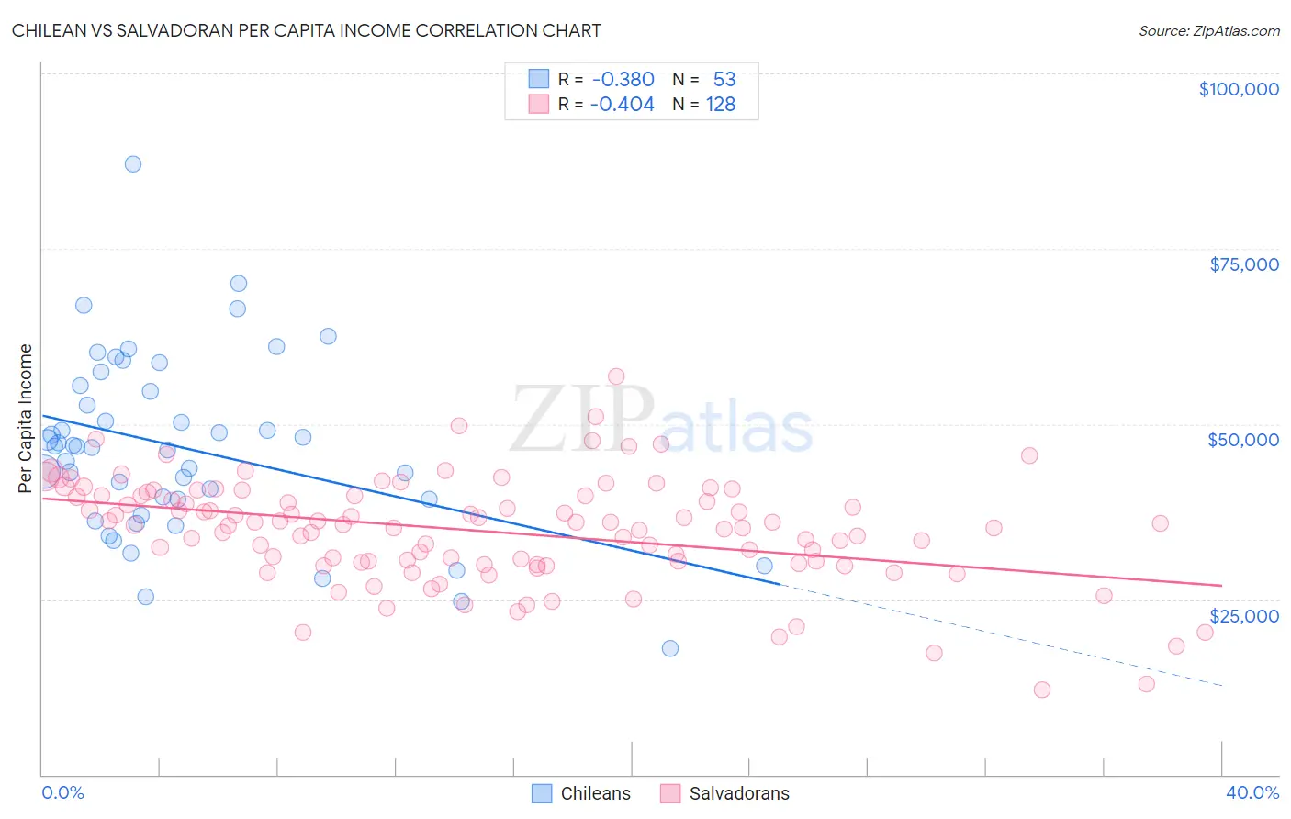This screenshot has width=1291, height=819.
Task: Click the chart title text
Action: pyautogui.click(x=306, y=30)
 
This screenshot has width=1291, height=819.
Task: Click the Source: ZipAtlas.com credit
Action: pyautogui.click(x=1208, y=30)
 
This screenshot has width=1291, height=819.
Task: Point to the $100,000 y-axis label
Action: pyautogui.click(x=1238, y=89)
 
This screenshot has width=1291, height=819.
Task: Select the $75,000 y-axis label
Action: pyautogui.click(x=1243, y=264)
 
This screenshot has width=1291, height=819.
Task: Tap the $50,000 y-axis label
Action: pyautogui.click(x=1243, y=440)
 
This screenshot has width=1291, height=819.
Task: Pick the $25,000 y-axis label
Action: pyautogui.click(x=1243, y=615)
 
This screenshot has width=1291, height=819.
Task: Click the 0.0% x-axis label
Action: pyautogui.click(x=62, y=792)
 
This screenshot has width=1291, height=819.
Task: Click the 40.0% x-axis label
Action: pyautogui.click(x=1252, y=792)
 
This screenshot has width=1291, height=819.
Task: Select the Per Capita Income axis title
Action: pyautogui.click(x=26, y=418)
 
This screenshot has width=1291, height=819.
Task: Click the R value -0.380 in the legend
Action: pyautogui.click(x=623, y=80)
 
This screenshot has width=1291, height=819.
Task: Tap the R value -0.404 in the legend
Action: pyautogui.click(x=623, y=105)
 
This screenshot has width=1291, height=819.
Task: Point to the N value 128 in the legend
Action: pyautogui.click(x=720, y=105)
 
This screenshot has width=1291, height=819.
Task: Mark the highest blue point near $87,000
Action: pyautogui.click(x=133, y=164)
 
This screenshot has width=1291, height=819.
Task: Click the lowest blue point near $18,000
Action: pyautogui.click(x=670, y=648)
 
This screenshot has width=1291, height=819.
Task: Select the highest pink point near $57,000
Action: pyautogui.click(x=616, y=376)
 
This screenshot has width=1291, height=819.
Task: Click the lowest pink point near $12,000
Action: pyautogui.click(x=1041, y=690)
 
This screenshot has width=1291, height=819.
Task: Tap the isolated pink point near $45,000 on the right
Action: pyautogui.click(x=1029, y=455)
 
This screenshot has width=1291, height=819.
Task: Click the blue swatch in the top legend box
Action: pyautogui.click(x=538, y=80)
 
